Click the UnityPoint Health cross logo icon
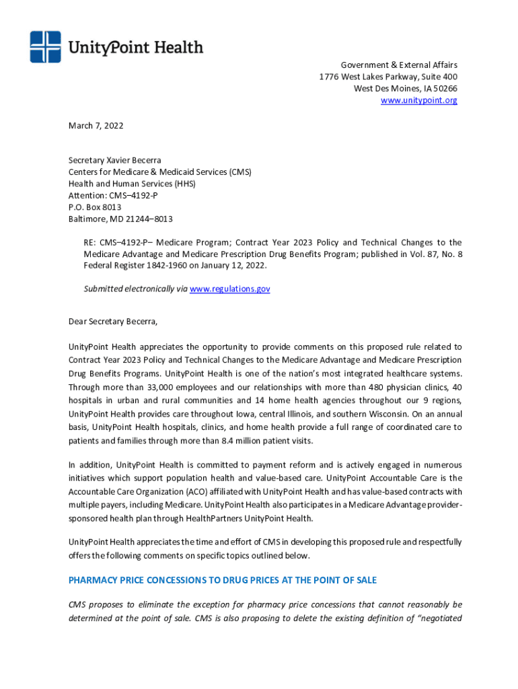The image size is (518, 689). pos(45,47)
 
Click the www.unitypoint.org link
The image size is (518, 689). pos(418,100)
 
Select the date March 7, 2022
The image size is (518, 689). pos(96,125)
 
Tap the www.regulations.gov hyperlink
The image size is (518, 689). pos(229,289)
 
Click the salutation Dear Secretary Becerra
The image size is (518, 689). pos(112,321)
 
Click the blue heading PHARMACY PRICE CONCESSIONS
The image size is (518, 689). pos(222,580)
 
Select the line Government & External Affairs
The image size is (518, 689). pos(398,65)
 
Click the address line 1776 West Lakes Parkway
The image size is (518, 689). pos(387,77)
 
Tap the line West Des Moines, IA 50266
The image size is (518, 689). pos(405,88)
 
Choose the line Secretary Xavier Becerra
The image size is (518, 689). pos(114,160)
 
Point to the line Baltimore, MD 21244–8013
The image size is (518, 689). pos(120,219)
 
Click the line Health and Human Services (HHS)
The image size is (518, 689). pos(126,184)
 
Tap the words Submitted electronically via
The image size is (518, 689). pos(135,289)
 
